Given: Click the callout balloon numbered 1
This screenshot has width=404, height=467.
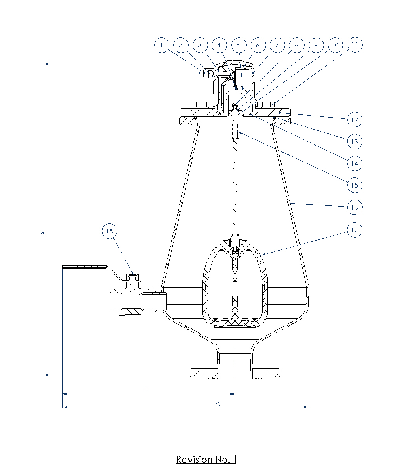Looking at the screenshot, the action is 162,45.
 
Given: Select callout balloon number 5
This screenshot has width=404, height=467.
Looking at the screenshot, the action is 239,45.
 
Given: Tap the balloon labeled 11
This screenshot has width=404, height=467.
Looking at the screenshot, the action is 355,45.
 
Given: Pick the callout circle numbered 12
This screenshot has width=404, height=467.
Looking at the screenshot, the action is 355,119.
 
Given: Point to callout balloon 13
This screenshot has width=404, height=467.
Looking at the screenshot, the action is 355,141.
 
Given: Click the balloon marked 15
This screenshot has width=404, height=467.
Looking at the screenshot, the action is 355,185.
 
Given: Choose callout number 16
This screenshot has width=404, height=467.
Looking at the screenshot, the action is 355,207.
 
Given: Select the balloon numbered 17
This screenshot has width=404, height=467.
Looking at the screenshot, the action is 355,230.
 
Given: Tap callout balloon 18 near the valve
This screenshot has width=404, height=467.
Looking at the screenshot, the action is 110,231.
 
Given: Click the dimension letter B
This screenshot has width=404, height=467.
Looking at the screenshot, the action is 44,233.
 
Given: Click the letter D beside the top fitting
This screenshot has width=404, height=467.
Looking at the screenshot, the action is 198,73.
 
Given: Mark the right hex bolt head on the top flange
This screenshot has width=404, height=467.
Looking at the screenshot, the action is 268,105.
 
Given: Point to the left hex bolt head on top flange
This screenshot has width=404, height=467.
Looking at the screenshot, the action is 202,105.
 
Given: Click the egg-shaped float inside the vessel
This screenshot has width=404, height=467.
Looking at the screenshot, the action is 235,284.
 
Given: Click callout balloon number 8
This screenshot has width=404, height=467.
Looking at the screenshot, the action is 296,45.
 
